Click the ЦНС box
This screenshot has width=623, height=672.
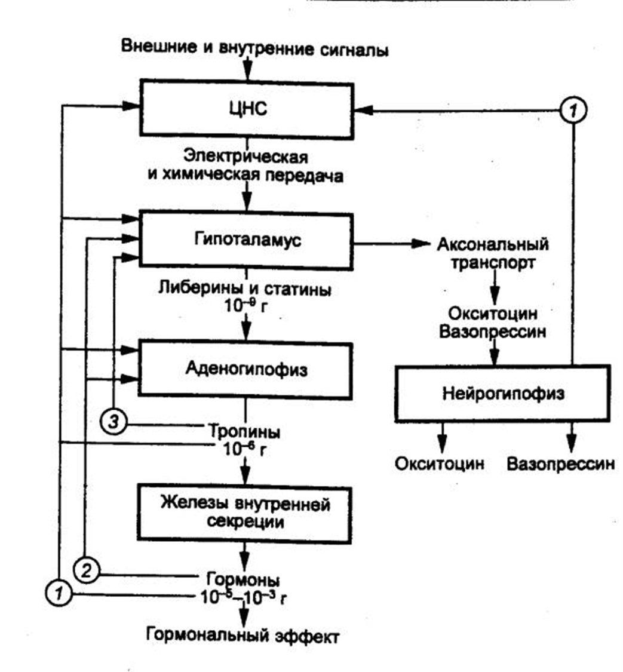pyautogui.click(x=246, y=109)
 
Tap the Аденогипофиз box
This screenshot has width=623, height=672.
pyautogui.click(x=246, y=369)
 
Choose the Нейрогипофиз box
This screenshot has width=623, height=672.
pyautogui.click(x=504, y=394)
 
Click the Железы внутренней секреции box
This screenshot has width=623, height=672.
pyautogui.click(x=246, y=512)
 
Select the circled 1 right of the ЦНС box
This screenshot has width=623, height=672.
pyautogui.click(x=574, y=109)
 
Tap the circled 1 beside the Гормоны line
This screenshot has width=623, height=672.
pyautogui.click(x=59, y=593)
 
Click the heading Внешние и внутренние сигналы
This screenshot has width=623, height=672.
pyautogui.click(x=255, y=48)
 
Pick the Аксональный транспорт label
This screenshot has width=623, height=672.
pyautogui.click(x=493, y=254)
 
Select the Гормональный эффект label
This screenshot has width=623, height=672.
pyautogui.click(x=243, y=635)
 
